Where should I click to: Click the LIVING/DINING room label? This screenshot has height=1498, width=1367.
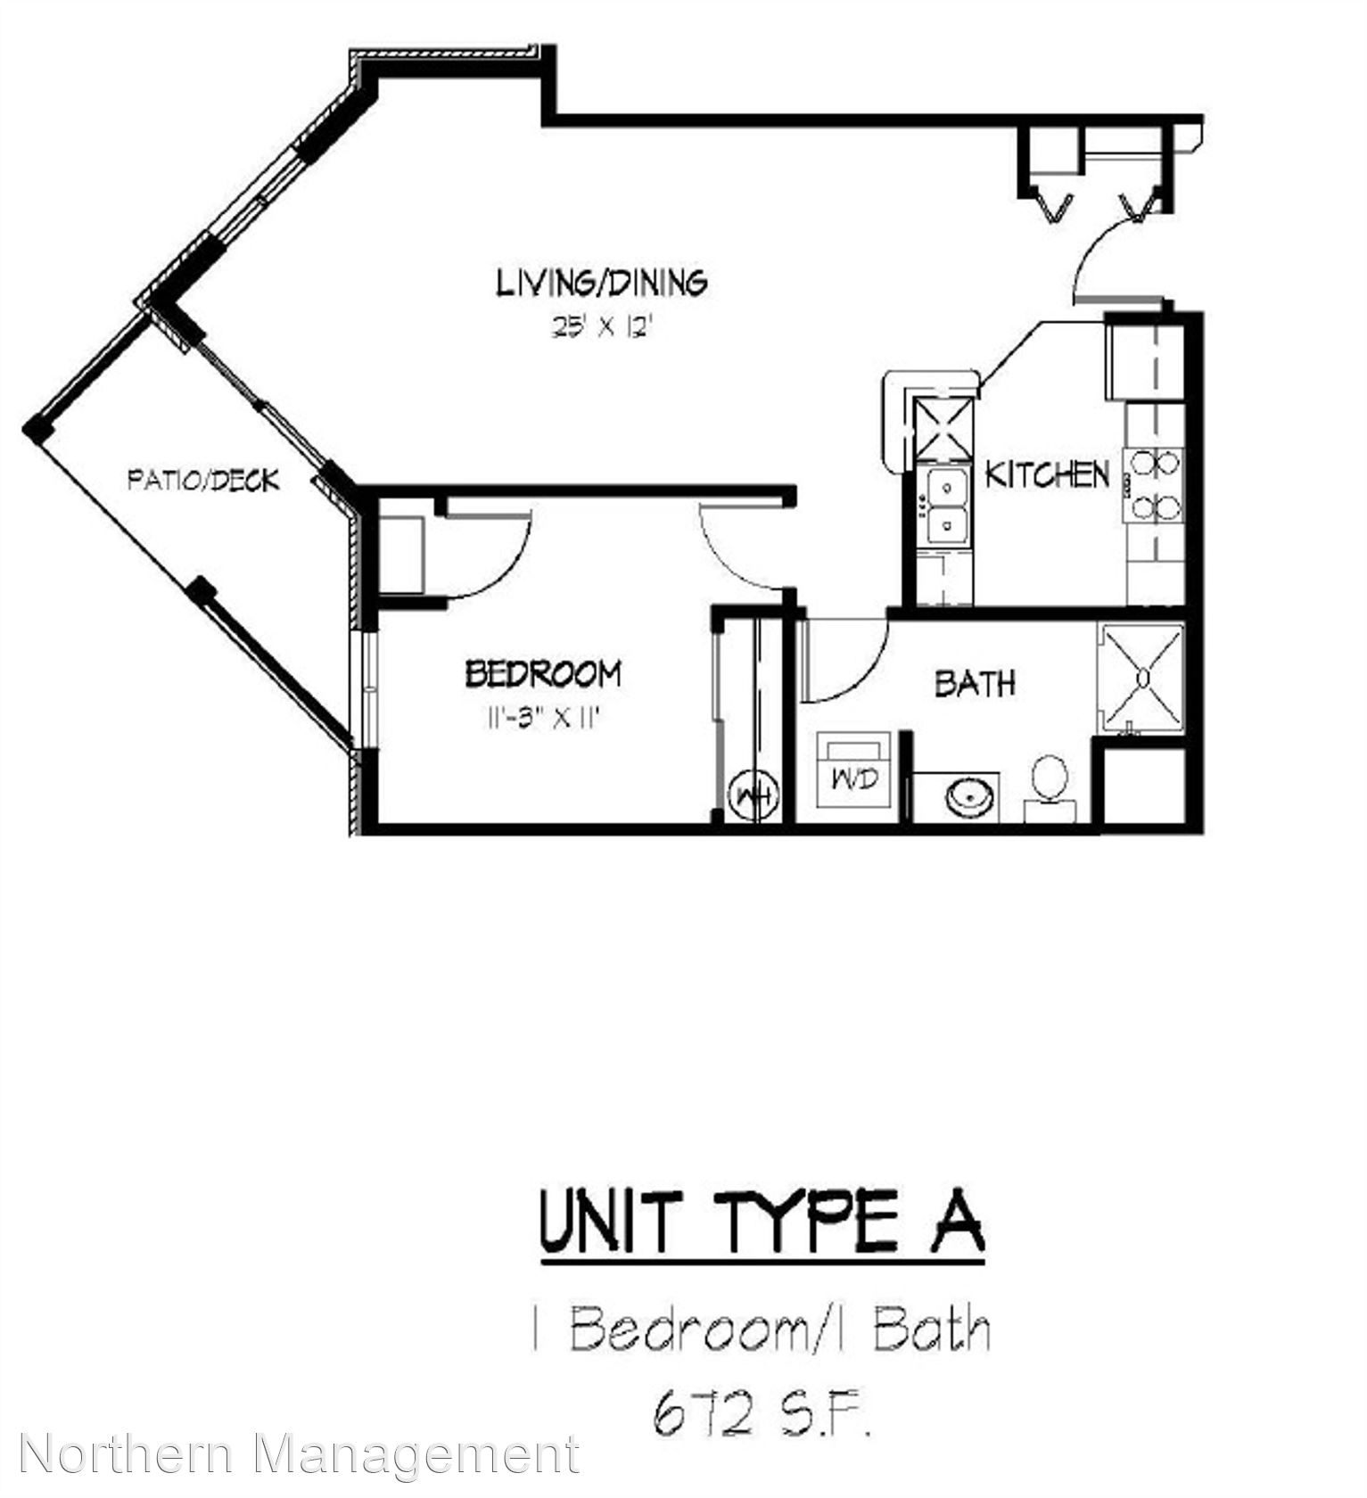602,283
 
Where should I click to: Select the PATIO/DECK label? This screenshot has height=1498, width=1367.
203,480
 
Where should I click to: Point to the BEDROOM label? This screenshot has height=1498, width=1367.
543,673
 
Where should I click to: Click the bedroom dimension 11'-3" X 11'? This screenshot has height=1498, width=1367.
539,718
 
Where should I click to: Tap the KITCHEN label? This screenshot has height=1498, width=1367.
1047,474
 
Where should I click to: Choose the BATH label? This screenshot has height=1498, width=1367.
975,683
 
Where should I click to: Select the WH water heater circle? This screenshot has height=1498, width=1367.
753,795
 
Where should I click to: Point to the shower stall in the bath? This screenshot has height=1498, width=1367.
1142,678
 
